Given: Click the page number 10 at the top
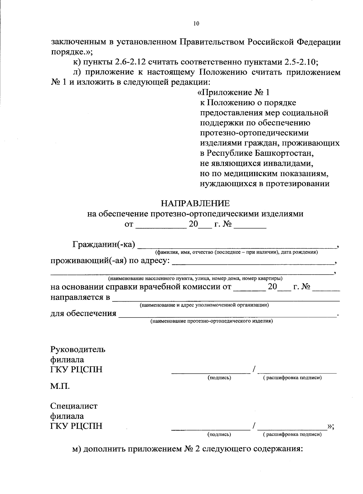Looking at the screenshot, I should click(196, 24).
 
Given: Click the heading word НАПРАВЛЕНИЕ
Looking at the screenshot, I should click(195, 203).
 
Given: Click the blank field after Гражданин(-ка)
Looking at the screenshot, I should click(237, 245).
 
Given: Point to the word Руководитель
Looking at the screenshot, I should click(78, 350).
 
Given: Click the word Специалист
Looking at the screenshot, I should click(74, 406).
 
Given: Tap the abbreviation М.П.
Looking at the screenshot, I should click(60, 386).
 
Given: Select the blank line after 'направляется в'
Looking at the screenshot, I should click(225, 298).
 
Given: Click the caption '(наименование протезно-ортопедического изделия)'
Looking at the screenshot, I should click(212, 321).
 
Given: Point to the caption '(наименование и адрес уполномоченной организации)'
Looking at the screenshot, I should click(204, 305).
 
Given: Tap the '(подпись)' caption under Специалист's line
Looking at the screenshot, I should click(219, 434).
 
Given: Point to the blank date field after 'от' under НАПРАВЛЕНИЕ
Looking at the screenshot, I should click(161, 225).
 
